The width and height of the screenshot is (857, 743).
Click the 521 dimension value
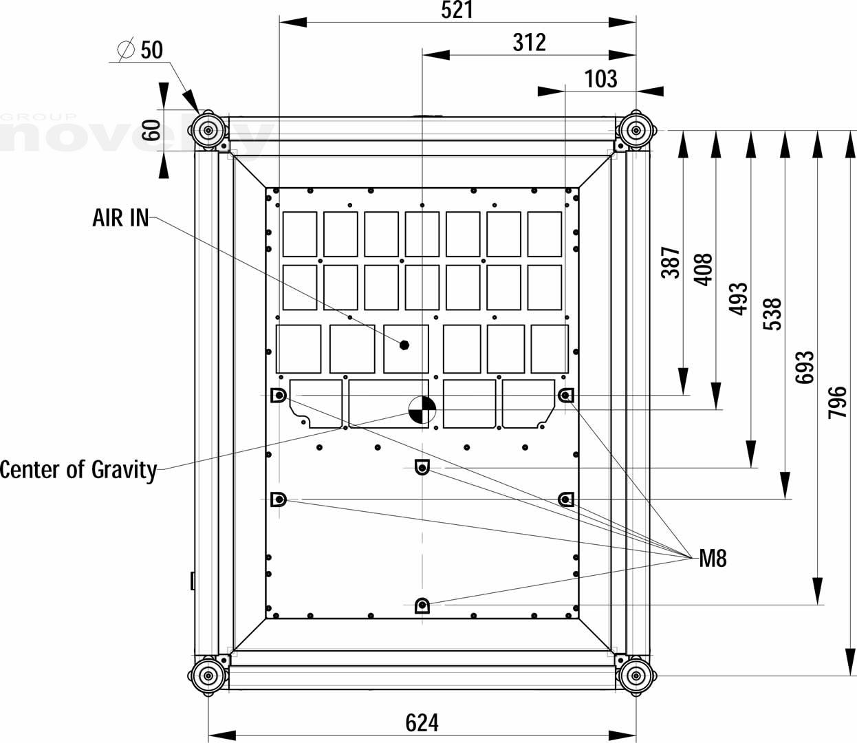457,10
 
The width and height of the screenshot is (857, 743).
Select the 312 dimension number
529,43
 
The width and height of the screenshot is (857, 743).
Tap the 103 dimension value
600,79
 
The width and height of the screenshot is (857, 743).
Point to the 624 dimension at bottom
422,723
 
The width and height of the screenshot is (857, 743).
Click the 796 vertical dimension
837,402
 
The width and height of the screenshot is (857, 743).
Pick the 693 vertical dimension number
804,367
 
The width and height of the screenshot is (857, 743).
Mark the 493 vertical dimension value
738,299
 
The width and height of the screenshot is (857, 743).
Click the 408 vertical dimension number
704,270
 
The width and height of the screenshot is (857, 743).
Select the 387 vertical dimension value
671,262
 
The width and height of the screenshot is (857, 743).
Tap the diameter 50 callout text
142,50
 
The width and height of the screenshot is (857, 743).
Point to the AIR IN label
120,217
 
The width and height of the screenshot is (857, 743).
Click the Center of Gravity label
78,470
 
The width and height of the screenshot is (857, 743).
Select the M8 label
713,559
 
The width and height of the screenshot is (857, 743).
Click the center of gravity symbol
421,409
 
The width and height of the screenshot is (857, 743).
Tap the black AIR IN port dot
404,345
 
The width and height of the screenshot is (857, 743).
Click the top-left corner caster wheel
208,129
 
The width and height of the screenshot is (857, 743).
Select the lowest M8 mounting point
422,605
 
